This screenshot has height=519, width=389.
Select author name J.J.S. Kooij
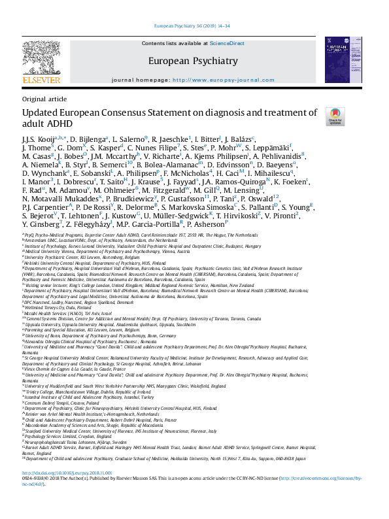pos(38,139)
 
